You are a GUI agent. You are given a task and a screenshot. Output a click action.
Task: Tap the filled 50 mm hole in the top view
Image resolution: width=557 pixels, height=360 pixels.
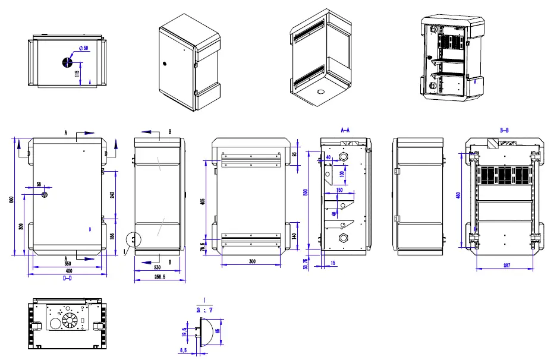(x=68, y=62)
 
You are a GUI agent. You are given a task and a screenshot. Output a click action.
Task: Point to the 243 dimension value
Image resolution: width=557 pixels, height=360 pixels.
(x=113, y=195)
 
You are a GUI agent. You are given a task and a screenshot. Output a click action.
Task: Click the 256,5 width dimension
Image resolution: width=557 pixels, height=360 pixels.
(x=159, y=277)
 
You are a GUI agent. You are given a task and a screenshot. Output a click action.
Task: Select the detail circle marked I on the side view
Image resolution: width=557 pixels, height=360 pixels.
(x=134, y=239)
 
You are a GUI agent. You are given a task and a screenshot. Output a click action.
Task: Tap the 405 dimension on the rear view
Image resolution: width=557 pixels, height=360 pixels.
(x=203, y=202)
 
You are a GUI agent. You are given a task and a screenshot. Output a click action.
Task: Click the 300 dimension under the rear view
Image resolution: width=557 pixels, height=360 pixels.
(x=252, y=261)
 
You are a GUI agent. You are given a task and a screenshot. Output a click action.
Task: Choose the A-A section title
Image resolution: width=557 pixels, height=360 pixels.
(x=345, y=130)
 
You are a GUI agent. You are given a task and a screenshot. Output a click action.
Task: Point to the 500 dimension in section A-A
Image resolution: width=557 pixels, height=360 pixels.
(x=306, y=193)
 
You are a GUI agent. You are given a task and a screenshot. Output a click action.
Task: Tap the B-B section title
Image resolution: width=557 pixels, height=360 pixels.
(x=505, y=130)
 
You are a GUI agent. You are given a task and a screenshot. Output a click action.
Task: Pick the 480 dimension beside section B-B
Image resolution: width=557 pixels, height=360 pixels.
(x=458, y=196)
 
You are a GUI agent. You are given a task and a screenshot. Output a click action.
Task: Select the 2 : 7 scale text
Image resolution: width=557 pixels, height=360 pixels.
(x=204, y=309)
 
